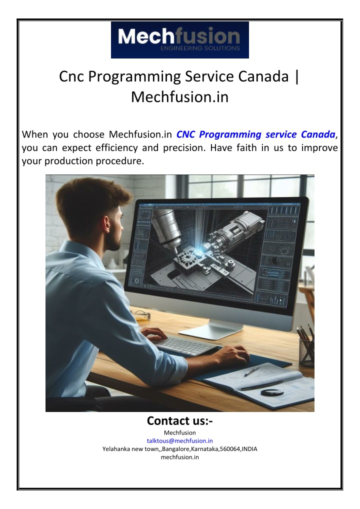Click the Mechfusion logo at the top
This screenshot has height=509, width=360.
point(180,40)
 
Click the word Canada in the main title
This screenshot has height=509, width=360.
point(263,76)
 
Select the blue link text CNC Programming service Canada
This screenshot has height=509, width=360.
point(256,134)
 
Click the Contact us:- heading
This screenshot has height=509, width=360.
point(180,420)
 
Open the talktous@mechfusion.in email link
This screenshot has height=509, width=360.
point(180,441)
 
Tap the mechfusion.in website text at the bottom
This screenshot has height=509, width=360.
point(180,457)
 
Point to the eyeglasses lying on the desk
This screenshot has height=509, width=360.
point(141,314)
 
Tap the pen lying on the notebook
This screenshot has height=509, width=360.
point(251,371)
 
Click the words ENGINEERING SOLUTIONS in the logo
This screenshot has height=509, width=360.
point(200,48)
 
